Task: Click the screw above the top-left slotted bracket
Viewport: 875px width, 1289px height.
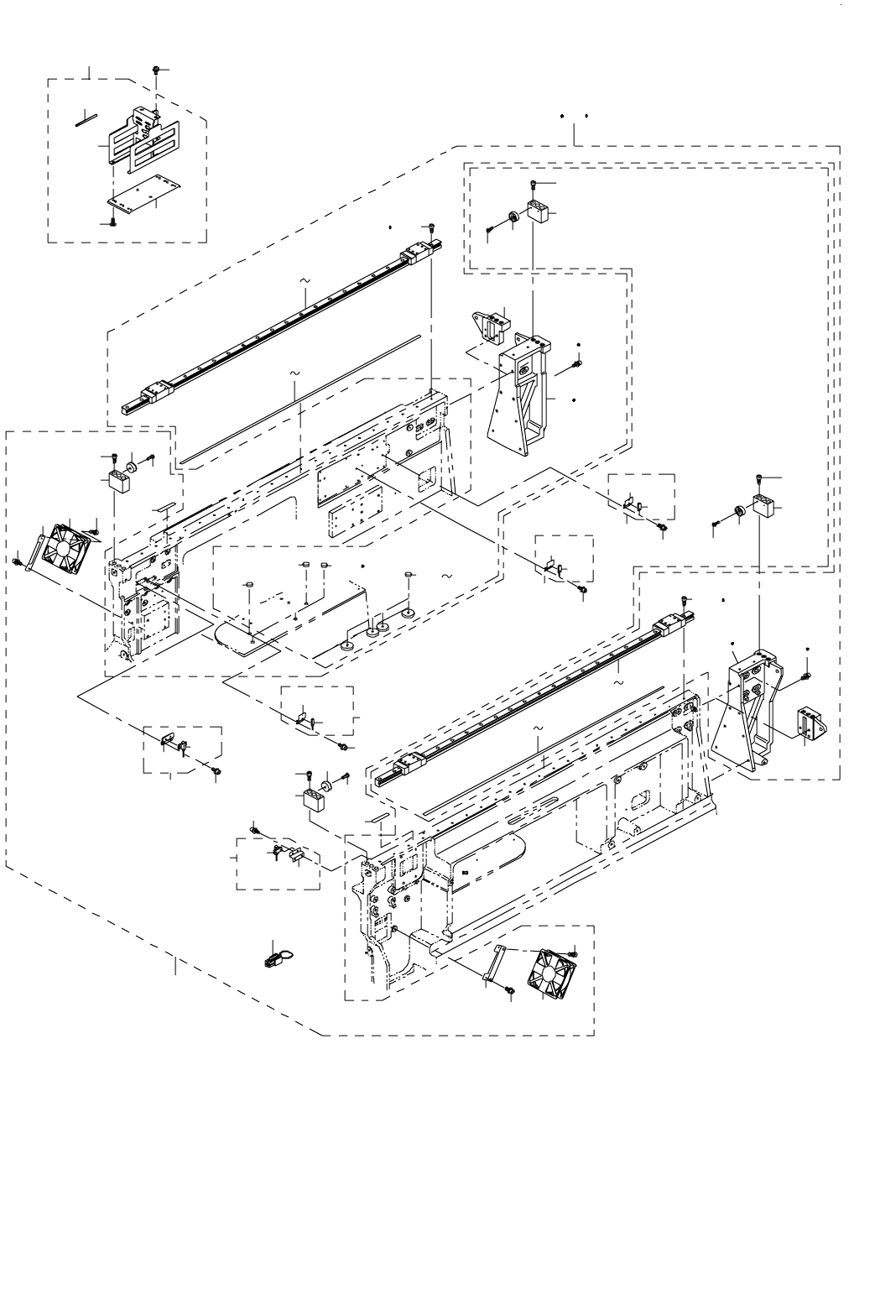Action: (x=157, y=70)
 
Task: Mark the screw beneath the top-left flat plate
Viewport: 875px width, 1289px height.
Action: (x=112, y=222)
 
